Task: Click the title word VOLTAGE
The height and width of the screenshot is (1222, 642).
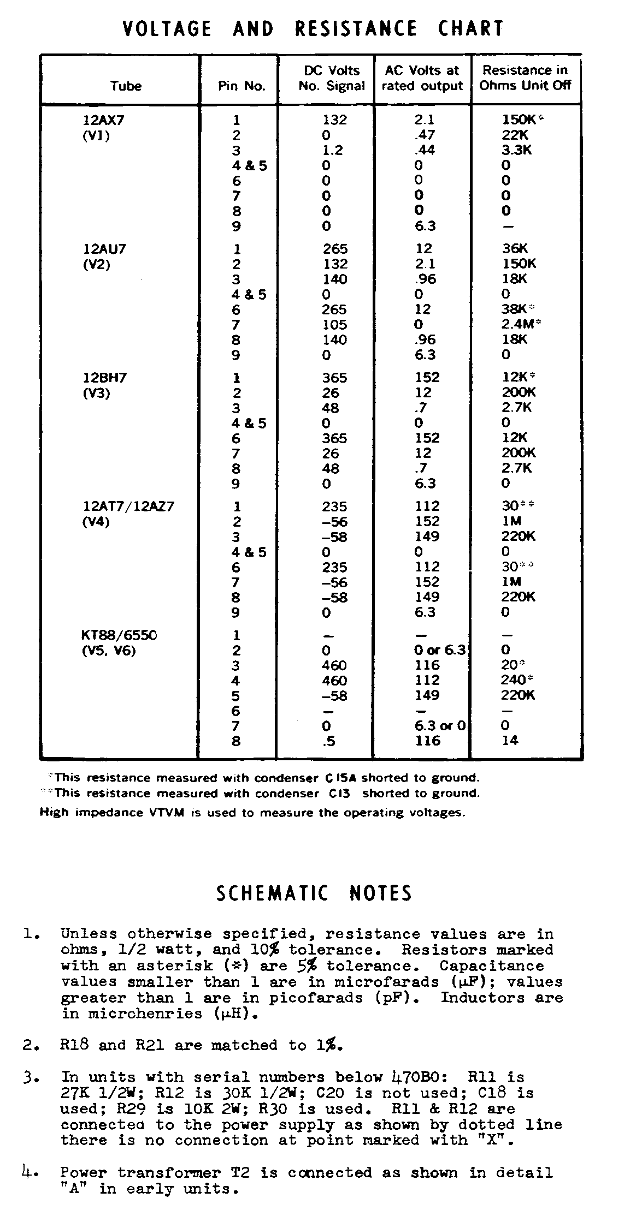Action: (167, 28)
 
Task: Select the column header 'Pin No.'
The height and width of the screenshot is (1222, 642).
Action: (242, 86)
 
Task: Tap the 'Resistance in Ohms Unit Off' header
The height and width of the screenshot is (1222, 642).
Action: (525, 78)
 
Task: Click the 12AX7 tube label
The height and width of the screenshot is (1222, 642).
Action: (103, 120)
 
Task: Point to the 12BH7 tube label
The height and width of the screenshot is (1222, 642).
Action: (104, 378)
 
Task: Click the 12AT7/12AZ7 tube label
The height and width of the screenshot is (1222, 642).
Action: (128, 506)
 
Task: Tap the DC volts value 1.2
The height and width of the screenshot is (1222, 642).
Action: (332, 150)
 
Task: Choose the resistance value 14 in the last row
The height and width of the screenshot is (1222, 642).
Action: (510, 741)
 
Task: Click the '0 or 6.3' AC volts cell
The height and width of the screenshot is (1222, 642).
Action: (440, 650)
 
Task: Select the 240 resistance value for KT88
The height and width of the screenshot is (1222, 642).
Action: (513, 680)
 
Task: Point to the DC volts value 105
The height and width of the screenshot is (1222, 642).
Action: (334, 325)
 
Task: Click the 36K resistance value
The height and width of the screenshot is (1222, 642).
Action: (514, 249)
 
